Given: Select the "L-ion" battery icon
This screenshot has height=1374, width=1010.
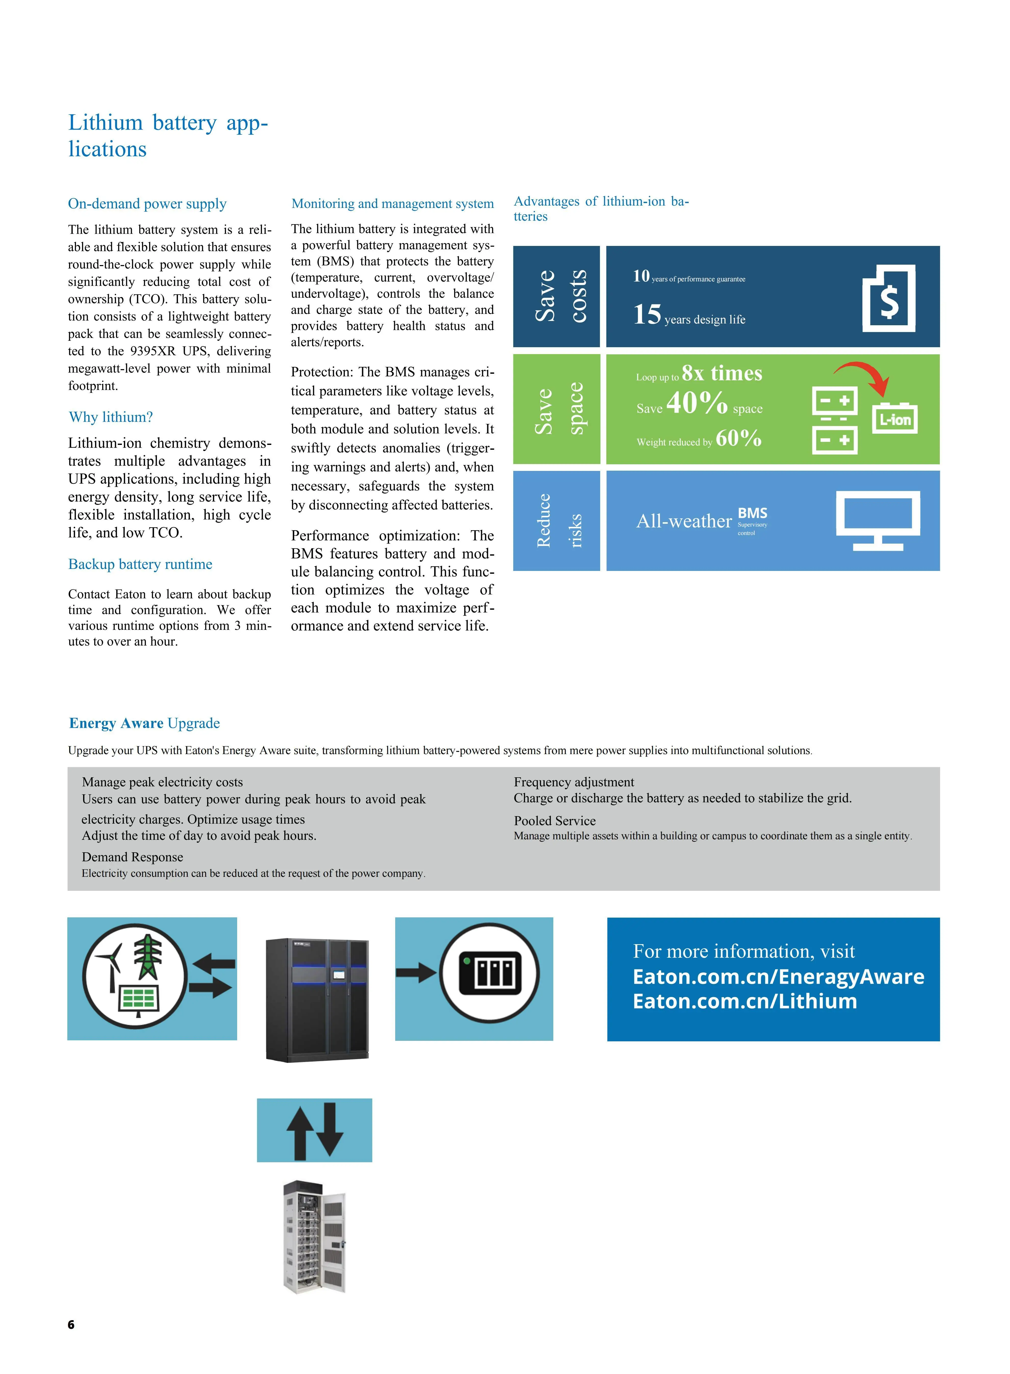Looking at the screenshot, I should coord(894,419).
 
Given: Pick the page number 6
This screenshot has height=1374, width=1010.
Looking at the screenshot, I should coord(71,1325).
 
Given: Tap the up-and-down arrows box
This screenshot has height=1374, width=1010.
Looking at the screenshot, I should coord(314,1130).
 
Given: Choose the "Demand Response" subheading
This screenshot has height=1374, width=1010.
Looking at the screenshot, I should coord(132,857).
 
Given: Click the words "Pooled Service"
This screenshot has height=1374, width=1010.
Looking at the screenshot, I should coord(555,821).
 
